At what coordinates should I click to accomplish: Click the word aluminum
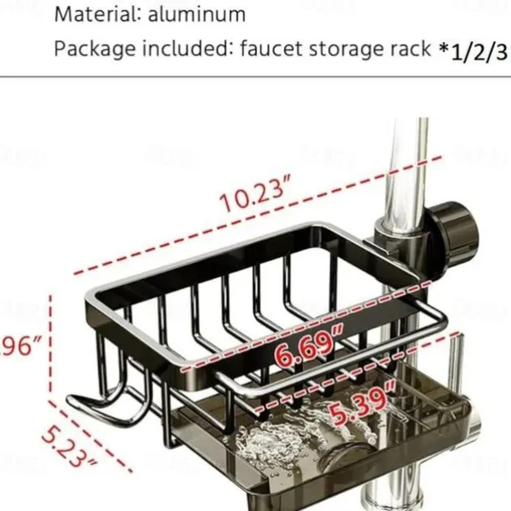[204, 14]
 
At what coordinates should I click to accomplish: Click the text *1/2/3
[473, 50]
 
